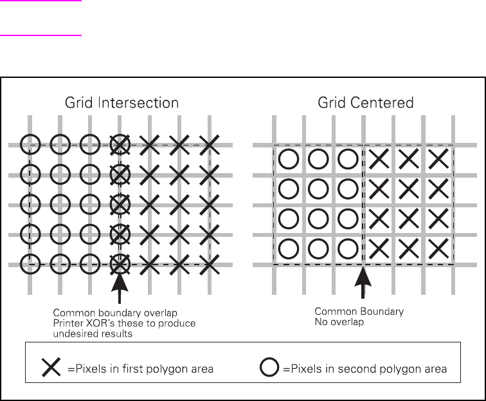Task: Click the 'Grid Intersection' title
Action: point(122,103)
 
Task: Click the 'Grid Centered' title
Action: point(366,103)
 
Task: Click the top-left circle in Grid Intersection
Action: point(30,146)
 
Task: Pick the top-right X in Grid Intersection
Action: point(210,146)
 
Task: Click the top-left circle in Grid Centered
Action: point(289,158)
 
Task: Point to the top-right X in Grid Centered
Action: point(438,158)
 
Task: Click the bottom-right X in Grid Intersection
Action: point(210,263)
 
